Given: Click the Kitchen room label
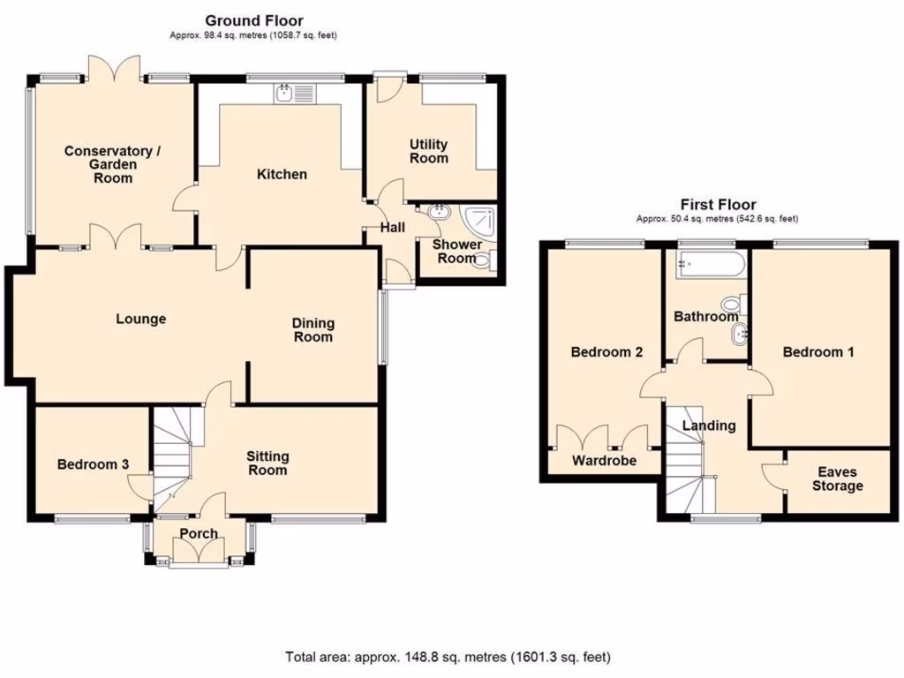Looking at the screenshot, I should [282, 175].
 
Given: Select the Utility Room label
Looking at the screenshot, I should [428, 151].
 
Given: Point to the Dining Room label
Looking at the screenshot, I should [313, 330].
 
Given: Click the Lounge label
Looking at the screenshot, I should [141, 319].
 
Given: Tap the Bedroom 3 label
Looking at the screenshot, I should [93, 464].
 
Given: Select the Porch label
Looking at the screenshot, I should [199, 533].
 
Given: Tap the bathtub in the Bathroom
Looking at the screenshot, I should [707, 264].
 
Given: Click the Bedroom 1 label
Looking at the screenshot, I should [818, 352].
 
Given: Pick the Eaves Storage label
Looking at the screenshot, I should [837, 478].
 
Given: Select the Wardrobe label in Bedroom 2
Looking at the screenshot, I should [604, 460].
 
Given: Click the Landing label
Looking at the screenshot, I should [709, 426].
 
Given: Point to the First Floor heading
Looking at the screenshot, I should [718, 205].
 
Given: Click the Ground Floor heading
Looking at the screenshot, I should [253, 20].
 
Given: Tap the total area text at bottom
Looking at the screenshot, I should [448, 657].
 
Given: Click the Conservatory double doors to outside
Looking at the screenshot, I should [115, 69].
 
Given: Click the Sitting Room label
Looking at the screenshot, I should [267, 463].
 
